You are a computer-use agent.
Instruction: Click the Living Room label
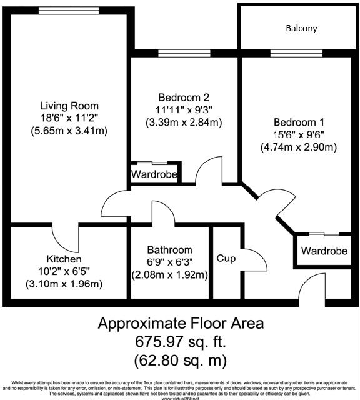(69, 106)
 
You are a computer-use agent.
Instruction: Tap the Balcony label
(301, 28)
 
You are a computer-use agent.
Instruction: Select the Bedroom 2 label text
(183, 97)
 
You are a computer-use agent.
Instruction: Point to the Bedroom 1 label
(299, 122)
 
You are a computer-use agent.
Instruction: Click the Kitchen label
(64, 259)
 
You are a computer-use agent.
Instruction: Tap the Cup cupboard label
(226, 257)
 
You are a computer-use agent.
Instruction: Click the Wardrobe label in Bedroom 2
(154, 174)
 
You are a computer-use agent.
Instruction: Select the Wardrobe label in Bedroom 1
(324, 251)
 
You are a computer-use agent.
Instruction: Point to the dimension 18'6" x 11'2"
(69, 118)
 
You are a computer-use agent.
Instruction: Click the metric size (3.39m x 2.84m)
(184, 122)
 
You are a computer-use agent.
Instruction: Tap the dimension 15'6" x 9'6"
(299, 135)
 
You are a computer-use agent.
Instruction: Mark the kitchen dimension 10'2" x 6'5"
(64, 271)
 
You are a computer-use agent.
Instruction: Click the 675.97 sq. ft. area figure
(181, 342)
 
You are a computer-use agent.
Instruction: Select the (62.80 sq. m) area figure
(181, 361)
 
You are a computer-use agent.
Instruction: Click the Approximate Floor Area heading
(181, 324)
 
